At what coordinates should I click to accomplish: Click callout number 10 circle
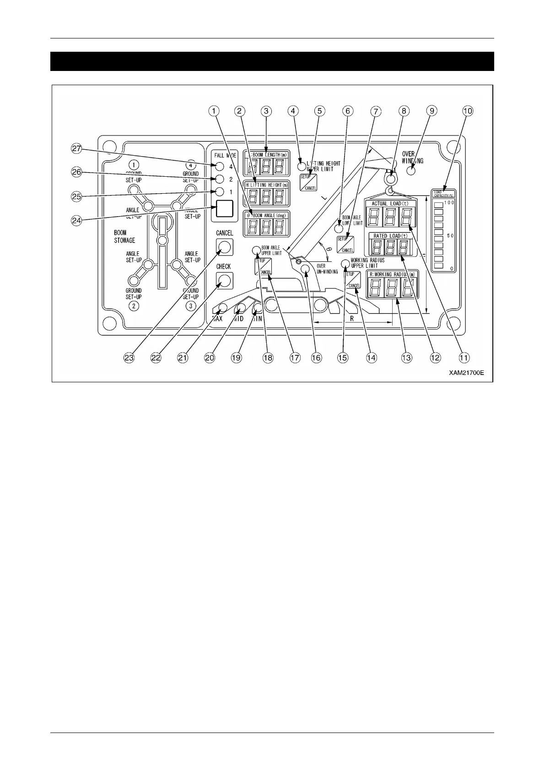[468, 111]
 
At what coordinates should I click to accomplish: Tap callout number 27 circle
[76, 149]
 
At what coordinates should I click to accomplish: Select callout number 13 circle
[406, 358]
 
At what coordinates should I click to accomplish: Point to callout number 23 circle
[129, 358]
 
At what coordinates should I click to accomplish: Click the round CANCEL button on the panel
[224, 247]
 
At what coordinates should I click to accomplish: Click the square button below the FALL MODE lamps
[224, 209]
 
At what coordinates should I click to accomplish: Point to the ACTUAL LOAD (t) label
[390, 203]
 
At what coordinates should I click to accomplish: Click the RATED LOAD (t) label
[390, 236]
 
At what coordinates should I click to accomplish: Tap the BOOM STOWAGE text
[124, 236]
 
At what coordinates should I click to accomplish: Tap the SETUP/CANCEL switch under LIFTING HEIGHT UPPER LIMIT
[308, 182]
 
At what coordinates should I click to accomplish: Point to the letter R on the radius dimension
[352, 317]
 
